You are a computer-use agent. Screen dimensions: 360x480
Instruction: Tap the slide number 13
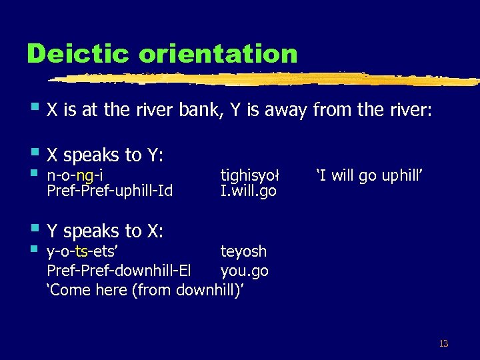pos(443,344)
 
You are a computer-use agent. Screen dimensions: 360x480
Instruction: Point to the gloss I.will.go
pos(248,191)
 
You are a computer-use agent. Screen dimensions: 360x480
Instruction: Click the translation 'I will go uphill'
pos(370,176)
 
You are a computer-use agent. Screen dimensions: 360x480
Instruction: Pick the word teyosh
pos(243,251)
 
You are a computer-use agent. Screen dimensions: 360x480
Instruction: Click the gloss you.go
pos(244,271)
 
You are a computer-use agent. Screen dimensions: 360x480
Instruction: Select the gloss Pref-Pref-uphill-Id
pos(109,191)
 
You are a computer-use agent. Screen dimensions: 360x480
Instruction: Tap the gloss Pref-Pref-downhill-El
pos(119,271)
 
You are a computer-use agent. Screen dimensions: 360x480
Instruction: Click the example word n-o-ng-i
pos(74,176)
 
